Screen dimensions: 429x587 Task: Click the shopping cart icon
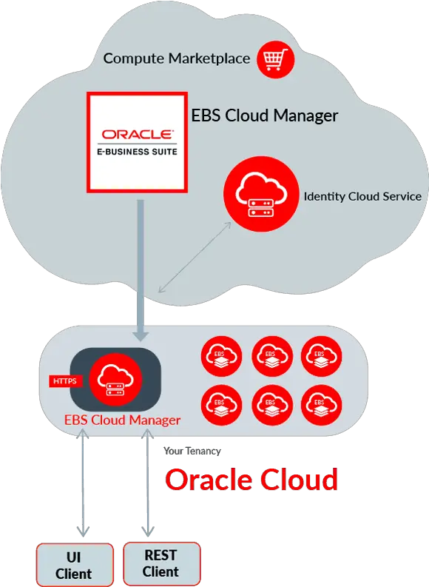point(276,59)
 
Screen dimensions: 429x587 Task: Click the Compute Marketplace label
point(177,58)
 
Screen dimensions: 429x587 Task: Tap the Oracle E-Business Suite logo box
point(138,143)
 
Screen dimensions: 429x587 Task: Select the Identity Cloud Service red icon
point(261,194)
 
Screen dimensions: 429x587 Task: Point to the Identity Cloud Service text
point(362,197)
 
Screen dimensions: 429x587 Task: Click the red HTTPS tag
point(65,381)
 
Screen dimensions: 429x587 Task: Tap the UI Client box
point(75,565)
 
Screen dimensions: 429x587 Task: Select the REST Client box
point(161,563)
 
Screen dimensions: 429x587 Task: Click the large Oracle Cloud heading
point(251,480)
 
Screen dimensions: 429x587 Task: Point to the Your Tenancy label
point(192,451)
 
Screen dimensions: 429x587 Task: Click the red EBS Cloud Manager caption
point(122,420)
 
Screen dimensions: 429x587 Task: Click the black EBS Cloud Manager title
point(265,115)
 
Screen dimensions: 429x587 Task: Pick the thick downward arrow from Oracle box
point(141,270)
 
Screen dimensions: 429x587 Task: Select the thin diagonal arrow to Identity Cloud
point(195,257)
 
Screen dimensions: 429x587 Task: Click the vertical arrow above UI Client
point(83,483)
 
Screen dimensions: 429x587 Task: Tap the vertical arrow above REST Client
point(148,483)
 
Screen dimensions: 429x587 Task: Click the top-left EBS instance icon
point(221,356)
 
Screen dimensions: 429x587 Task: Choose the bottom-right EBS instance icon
point(321,405)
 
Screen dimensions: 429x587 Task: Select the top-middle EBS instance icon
point(272,356)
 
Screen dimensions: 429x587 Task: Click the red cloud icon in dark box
point(115,379)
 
